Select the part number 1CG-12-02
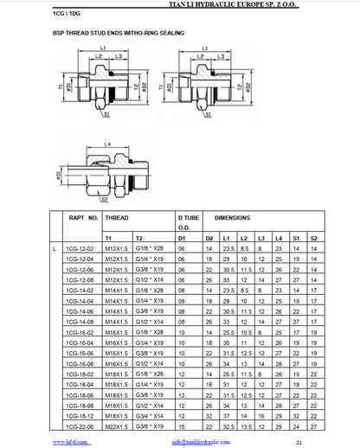click(x=80, y=249)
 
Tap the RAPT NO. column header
click(x=83, y=219)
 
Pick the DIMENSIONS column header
click(x=232, y=219)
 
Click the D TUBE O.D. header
click(x=190, y=223)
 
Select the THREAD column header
click(x=117, y=219)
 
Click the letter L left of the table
click(x=54, y=249)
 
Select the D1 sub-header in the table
click(x=182, y=236)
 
